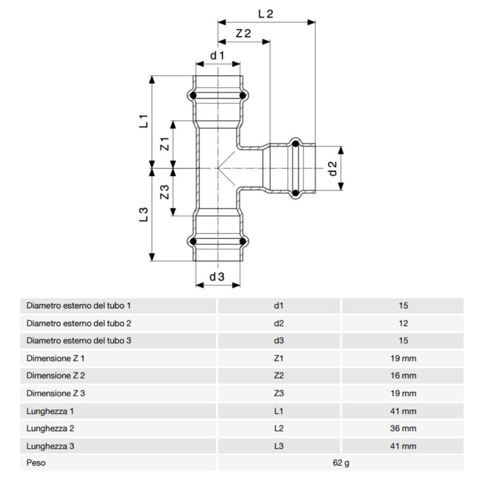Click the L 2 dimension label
click(266, 14)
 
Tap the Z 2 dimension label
click(243, 34)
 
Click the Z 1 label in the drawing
click(165, 144)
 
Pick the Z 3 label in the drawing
click(165, 192)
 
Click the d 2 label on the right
click(333, 168)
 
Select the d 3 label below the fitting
click(217, 277)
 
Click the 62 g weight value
click(341, 463)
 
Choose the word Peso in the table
click(36, 463)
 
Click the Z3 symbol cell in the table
click(278, 393)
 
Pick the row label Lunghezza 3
click(51, 446)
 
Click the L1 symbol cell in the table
click(278, 411)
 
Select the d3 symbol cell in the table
click(278, 341)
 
